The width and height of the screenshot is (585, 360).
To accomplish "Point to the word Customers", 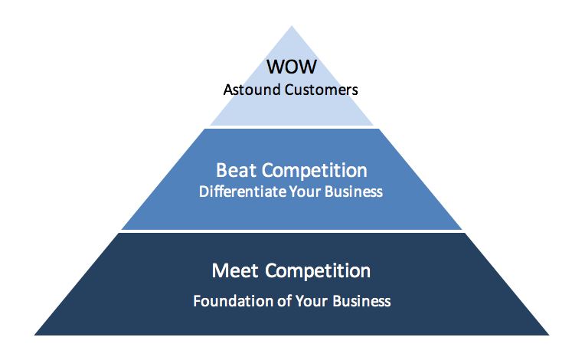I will click(x=320, y=90).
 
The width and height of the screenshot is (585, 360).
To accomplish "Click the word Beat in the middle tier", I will click(x=235, y=170).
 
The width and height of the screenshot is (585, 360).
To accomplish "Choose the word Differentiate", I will click(x=241, y=191).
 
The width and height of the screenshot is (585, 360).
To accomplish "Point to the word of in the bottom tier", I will click(x=282, y=301).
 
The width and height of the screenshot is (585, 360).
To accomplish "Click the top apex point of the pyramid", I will click(x=292, y=27).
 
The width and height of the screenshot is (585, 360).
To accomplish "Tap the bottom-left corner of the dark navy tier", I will click(x=35, y=335).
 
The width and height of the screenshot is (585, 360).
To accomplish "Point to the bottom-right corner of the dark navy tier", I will click(x=548, y=335).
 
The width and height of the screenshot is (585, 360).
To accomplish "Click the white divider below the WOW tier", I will click(x=292, y=127).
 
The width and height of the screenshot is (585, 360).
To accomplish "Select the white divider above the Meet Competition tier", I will click(x=292, y=231).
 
